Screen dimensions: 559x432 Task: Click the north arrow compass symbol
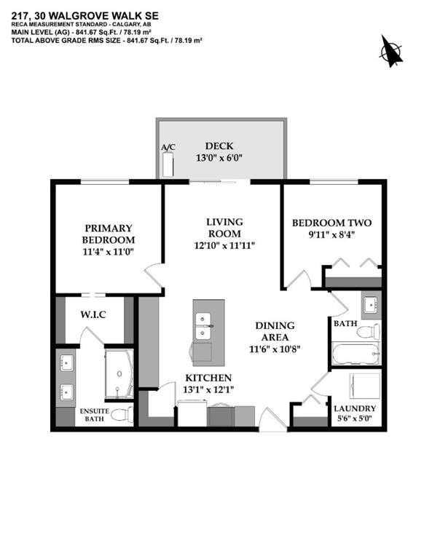pos(391,51)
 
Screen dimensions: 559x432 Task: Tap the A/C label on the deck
pos(168,148)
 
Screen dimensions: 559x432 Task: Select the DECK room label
pos(219,146)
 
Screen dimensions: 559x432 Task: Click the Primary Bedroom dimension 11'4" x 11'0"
pos(109,252)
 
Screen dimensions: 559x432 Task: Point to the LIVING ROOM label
pos(224,227)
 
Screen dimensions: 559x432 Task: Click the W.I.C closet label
pos(94,315)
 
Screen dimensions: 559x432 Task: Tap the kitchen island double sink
pos(203,326)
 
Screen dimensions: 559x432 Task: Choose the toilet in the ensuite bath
pos(124,414)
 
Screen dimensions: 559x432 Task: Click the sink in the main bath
pos(369,302)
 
